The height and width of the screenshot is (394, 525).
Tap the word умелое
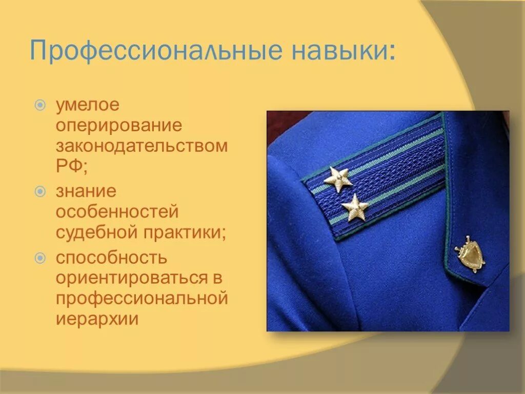tap(88, 105)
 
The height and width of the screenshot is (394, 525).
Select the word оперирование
tap(119, 126)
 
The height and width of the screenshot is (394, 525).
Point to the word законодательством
tap(142, 146)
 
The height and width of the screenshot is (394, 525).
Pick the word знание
tap(87, 192)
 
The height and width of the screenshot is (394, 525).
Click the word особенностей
tap(117, 212)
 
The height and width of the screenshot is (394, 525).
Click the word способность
tap(112, 258)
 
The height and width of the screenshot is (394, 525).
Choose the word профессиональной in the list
tap(142, 299)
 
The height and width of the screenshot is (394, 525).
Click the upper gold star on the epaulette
tap(338, 179)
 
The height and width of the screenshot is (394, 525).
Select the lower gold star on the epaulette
tap(355, 207)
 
